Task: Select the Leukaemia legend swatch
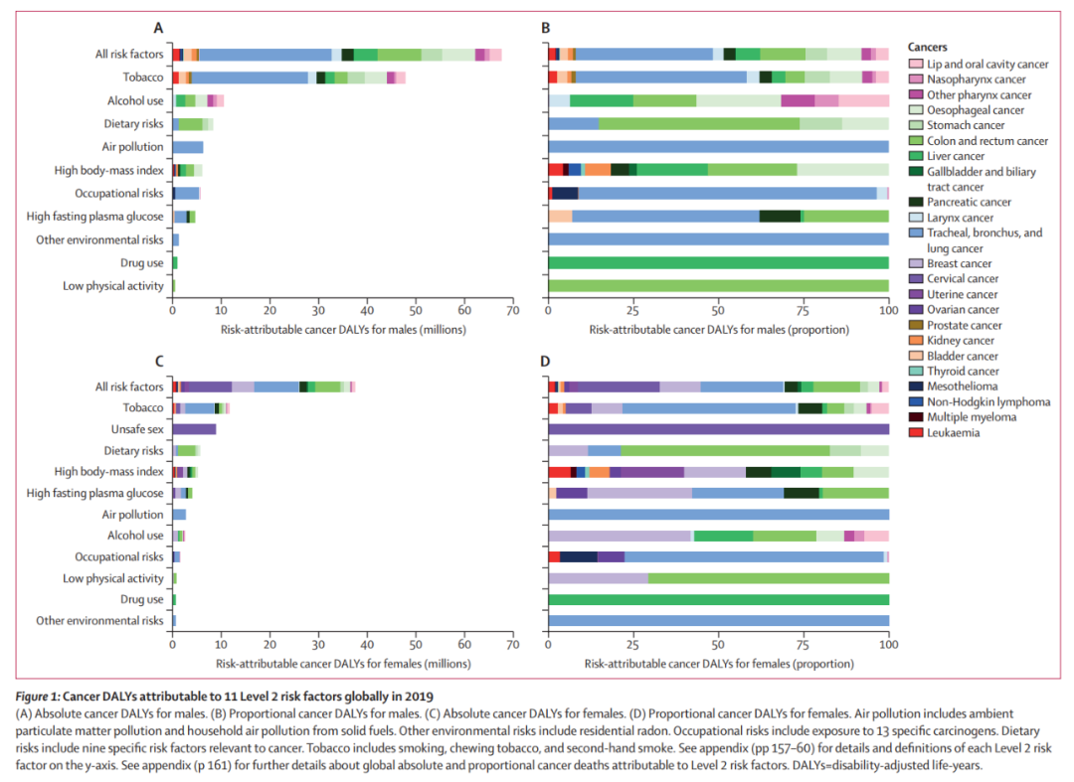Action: [x=915, y=432]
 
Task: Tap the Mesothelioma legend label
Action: [x=964, y=386]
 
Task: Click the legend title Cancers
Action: [x=928, y=47]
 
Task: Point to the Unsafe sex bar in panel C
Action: [x=194, y=429]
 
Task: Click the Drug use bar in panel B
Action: [x=718, y=262]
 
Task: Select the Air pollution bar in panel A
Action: [x=188, y=147]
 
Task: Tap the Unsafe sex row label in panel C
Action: [x=137, y=429]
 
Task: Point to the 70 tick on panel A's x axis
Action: [x=513, y=310]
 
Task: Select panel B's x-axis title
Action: [x=718, y=329]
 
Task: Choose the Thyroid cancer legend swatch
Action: [x=915, y=371]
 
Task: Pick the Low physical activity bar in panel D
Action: [x=718, y=578]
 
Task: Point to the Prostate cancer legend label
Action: [x=967, y=325]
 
